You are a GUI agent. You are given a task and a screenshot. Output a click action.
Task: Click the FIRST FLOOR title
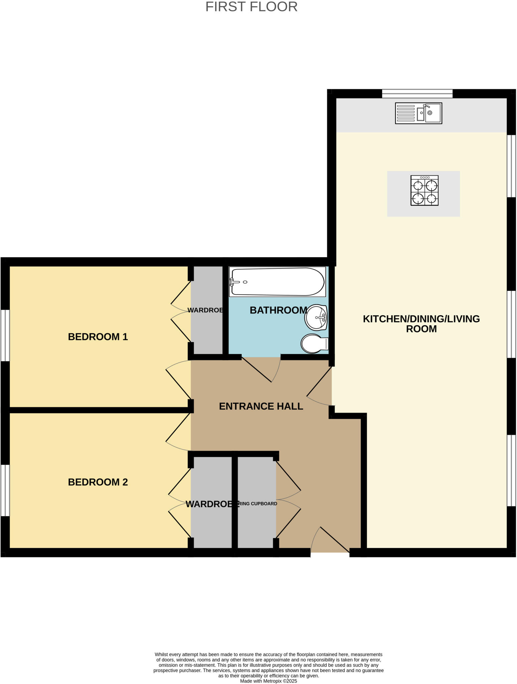click(x=251, y=7)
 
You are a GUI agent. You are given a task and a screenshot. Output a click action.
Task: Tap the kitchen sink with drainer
click(x=418, y=113)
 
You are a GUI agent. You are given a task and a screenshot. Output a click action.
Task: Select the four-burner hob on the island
click(x=424, y=190)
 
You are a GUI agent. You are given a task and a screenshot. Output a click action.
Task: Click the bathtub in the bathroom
click(x=277, y=282)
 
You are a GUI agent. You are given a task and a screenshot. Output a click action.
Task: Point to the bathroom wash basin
click(x=316, y=317)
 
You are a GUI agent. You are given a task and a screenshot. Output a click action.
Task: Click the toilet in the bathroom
click(x=314, y=343)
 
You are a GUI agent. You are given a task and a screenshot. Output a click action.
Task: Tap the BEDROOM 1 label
click(x=98, y=337)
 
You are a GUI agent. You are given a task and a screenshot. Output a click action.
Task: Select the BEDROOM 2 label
click(x=98, y=482)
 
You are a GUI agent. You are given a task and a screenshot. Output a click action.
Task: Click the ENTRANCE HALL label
click(x=261, y=406)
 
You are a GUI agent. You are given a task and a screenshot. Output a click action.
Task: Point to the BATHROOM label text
click(x=278, y=310)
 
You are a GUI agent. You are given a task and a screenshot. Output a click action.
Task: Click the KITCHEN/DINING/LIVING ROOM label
click(x=421, y=324)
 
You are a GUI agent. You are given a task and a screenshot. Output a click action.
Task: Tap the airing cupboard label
click(x=257, y=504)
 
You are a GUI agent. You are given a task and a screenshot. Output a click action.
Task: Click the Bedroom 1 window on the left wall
click(x=5, y=335)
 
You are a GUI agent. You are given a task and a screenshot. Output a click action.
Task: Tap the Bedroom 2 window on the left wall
click(x=5, y=490)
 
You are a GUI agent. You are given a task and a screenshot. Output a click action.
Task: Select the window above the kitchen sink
click(x=417, y=94)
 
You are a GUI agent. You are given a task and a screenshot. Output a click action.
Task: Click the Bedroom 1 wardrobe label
click(x=205, y=310)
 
